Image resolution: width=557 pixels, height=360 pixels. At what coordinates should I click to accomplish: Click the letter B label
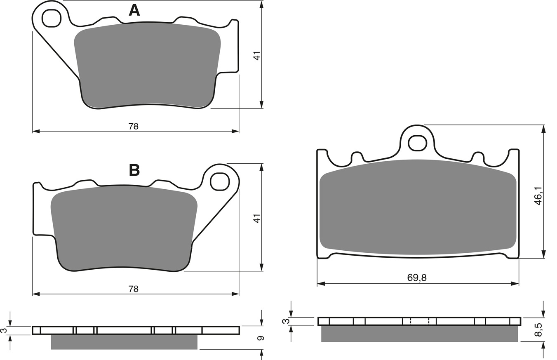click(x=134, y=170)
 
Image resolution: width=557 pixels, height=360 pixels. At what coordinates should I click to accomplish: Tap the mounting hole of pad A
click(x=52, y=18)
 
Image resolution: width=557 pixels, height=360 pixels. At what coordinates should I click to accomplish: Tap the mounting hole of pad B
click(x=220, y=181)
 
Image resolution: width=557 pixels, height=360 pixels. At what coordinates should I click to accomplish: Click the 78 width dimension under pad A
click(x=133, y=126)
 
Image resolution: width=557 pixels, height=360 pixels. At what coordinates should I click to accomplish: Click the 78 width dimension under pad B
click(x=133, y=289)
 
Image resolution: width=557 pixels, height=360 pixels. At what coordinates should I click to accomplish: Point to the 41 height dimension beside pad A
click(x=257, y=56)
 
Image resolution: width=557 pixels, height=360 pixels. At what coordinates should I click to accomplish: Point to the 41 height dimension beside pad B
click(x=257, y=218)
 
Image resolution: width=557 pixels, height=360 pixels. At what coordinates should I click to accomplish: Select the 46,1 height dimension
click(x=538, y=196)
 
